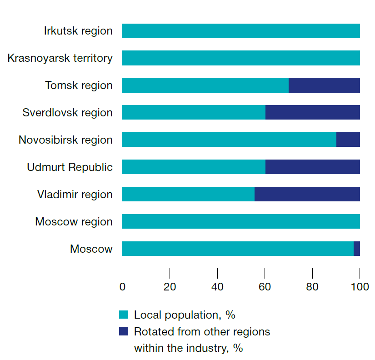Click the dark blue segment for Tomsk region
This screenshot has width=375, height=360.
324,85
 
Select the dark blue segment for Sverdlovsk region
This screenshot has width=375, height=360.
313,113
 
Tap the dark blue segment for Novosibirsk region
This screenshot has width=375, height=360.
348,140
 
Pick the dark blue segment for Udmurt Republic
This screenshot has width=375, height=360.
313,167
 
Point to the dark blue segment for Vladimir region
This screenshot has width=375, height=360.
307,195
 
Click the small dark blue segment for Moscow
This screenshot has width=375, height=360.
357,249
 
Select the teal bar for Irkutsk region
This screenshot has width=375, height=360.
241,31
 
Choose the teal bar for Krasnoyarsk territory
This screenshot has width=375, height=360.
241,58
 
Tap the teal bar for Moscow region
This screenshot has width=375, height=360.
241,222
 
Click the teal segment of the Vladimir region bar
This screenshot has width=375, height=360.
188,195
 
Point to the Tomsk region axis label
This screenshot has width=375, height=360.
79,85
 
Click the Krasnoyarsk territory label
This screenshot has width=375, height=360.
60,58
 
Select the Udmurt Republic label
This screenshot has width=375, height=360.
70,167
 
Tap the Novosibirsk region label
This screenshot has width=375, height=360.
65,140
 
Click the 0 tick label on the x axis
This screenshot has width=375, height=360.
122,287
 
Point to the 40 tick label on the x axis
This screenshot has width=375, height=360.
217,287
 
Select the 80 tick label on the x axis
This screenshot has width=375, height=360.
312,287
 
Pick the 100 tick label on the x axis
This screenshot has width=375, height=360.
360,287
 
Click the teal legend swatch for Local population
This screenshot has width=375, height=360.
123,315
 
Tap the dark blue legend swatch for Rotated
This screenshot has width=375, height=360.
123,332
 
